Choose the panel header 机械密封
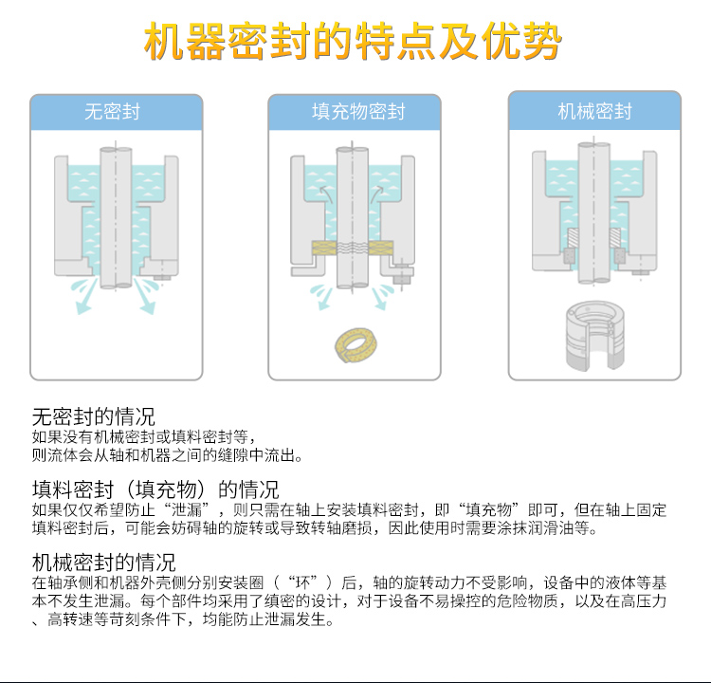[594, 112]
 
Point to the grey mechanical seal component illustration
[593, 333]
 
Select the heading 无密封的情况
[94, 416]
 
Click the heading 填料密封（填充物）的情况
[155, 489]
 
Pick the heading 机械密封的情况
[104, 563]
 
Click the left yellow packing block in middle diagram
[325, 250]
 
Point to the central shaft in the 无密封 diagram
[115, 218]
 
